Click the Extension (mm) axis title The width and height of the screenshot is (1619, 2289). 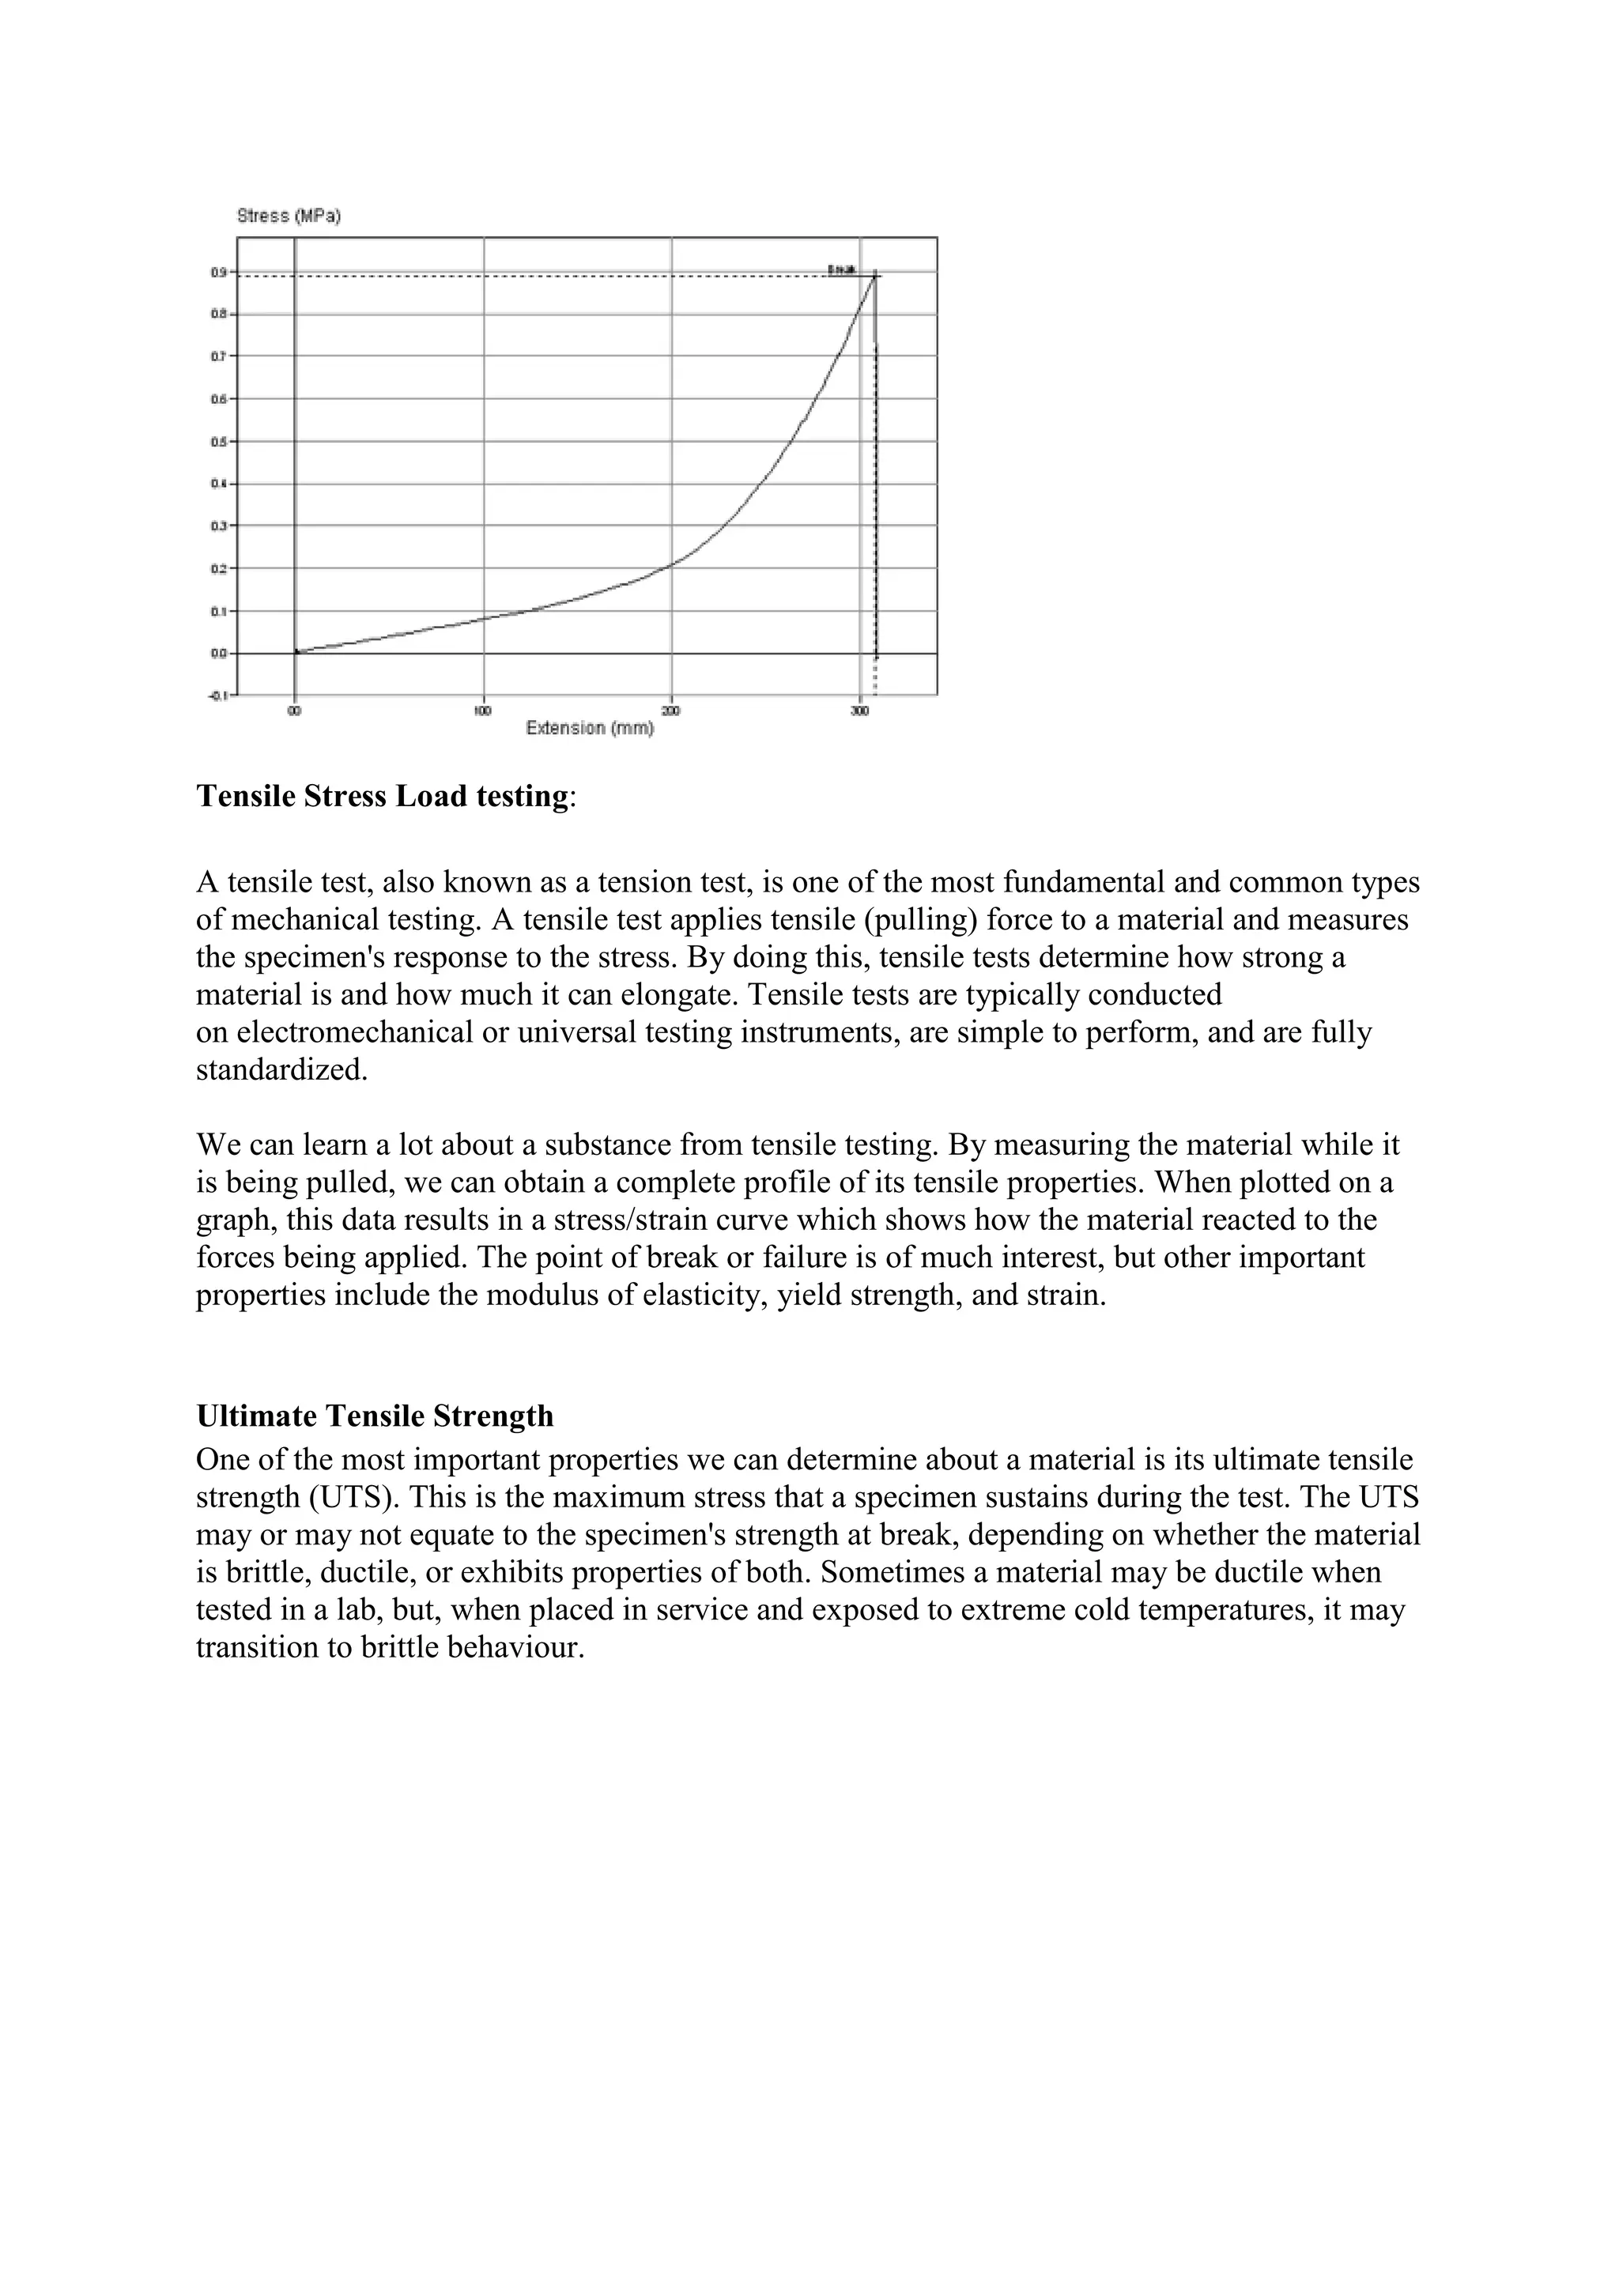click(589, 728)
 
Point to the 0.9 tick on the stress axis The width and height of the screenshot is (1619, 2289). click(218, 272)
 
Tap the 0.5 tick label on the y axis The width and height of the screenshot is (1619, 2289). click(218, 442)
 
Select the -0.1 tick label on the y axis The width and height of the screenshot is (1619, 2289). click(217, 695)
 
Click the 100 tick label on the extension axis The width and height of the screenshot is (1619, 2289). click(482, 711)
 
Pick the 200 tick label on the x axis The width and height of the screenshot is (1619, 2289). click(671, 711)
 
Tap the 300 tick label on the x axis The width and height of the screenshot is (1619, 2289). click(859, 711)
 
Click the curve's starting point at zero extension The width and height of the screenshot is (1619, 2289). click(296, 652)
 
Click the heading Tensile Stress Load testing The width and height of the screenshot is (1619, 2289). click(382, 797)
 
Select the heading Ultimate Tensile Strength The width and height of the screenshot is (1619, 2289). click(375, 1416)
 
